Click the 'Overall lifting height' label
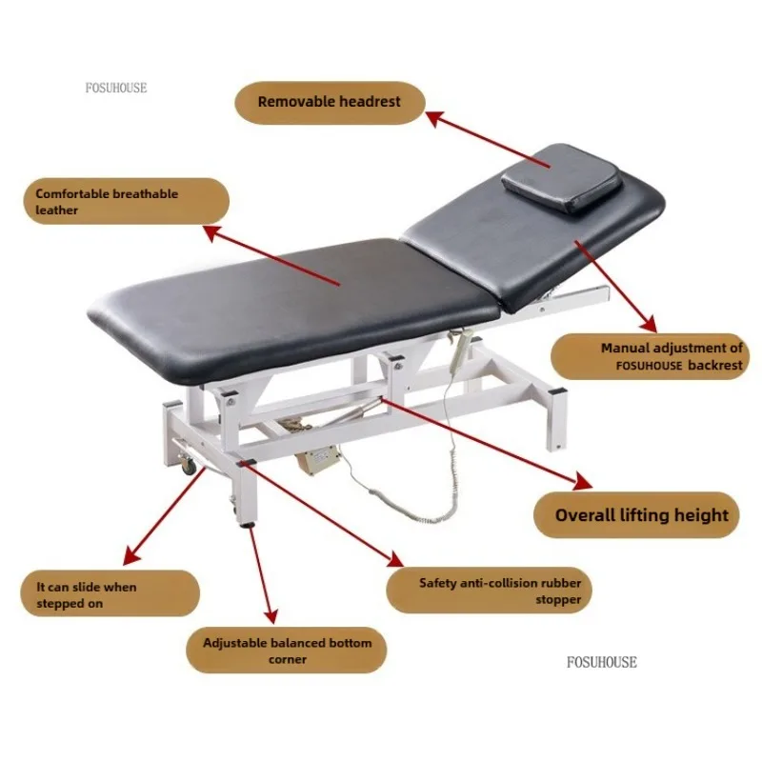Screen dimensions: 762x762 point(642,516)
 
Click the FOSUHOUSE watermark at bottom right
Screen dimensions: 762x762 point(602,662)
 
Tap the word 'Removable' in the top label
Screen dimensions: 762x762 point(293,102)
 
